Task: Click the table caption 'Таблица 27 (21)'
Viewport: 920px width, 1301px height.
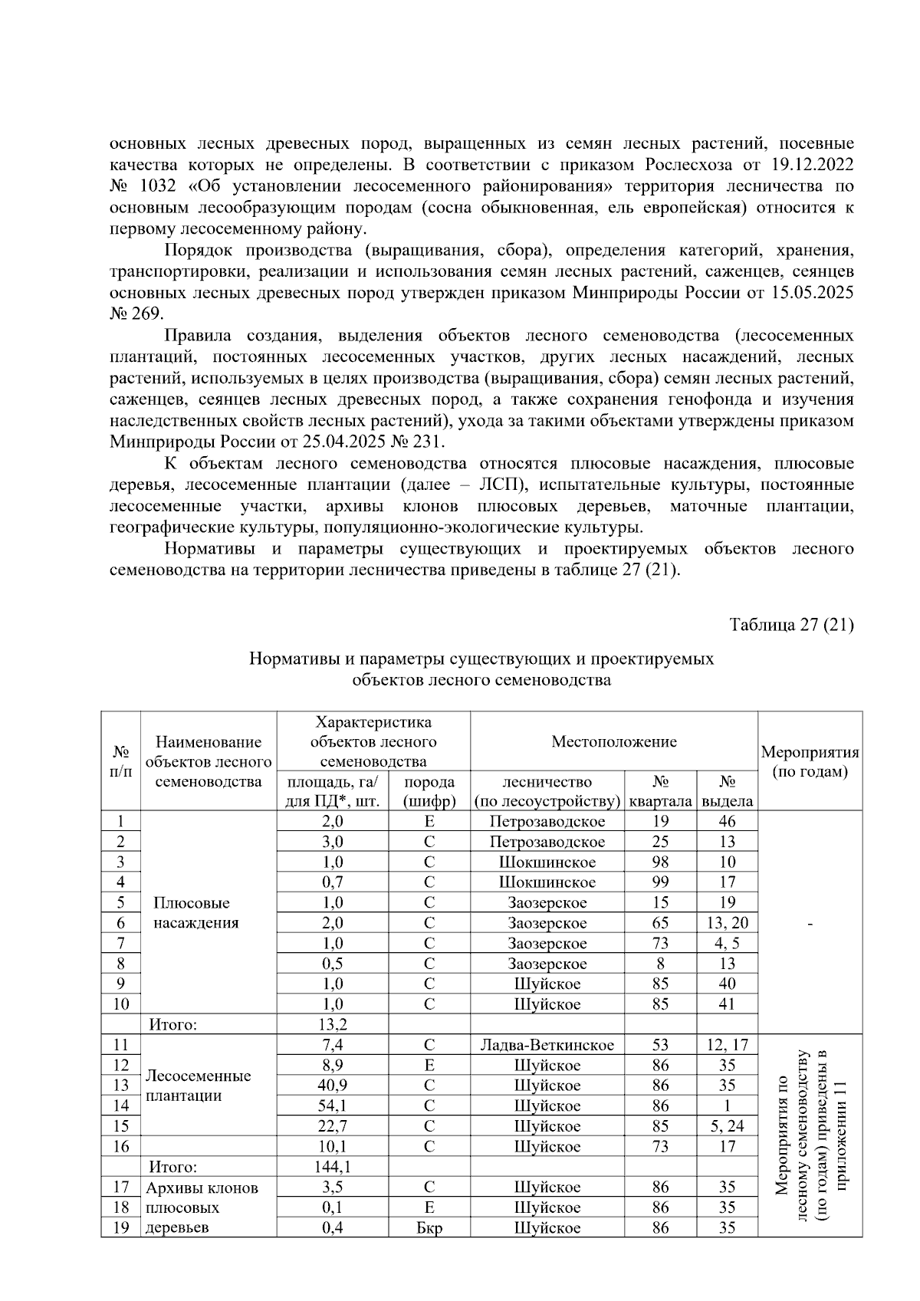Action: (791, 624)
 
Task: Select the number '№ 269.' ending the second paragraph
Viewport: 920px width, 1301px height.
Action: (136, 314)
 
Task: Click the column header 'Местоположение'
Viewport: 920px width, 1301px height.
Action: (614, 741)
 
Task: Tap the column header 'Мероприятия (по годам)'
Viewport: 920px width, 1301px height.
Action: (810, 761)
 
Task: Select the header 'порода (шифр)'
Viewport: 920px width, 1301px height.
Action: (429, 791)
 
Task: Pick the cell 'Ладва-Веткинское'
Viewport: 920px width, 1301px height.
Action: (547, 1045)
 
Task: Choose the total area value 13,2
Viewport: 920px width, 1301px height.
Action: (333, 1024)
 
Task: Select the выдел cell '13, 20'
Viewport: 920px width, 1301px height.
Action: (727, 923)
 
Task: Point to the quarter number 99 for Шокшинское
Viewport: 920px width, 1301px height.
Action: (660, 882)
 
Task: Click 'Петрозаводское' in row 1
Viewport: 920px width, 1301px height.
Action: (547, 821)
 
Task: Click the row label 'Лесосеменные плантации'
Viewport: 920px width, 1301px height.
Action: (198, 1086)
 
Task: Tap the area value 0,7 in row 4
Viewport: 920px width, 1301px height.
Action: (333, 882)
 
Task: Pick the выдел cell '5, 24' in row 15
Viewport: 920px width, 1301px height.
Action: (727, 1126)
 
